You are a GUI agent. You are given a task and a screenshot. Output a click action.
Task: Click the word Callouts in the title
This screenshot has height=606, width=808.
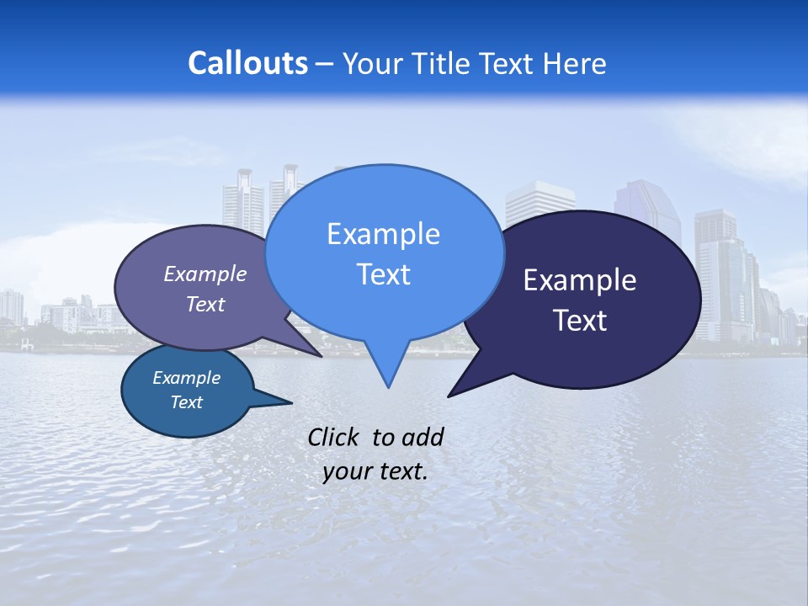[x=247, y=64]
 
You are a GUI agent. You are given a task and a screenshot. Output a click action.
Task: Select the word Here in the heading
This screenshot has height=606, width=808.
[x=574, y=64]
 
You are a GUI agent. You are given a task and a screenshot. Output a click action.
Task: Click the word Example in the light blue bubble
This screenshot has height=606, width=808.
[x=383, y=234]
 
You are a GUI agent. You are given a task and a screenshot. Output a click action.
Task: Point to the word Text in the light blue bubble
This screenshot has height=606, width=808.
[x=383, y=274]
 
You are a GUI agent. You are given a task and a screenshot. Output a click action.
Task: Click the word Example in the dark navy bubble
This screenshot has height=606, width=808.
[x=580, y=280]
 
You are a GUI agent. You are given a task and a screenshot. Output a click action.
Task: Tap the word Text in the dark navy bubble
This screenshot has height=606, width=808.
[x=580, y=321]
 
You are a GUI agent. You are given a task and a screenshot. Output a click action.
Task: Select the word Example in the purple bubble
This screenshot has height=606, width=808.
[x=205, y=274]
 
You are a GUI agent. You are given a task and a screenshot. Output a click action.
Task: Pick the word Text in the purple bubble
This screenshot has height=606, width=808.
[x=205, y=304]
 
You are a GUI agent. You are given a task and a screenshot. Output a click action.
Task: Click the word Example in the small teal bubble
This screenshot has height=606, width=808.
[x=186, y=378]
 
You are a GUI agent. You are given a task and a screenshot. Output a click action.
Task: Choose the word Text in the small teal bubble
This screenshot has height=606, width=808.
[x=186, y=402]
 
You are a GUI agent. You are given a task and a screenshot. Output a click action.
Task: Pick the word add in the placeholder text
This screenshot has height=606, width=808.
[x=423, y=437]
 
